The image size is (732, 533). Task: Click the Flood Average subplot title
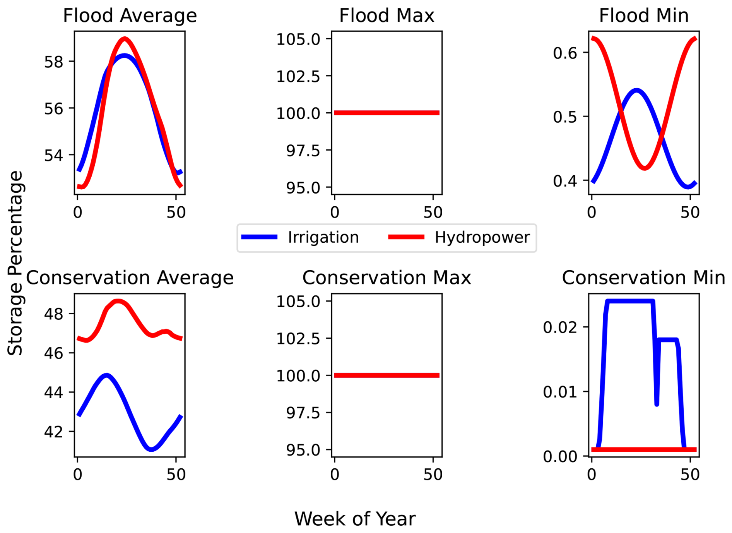pyautogui.click(x=130, y=16)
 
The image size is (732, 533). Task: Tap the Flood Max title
pyautogui.click(x=387, y=16)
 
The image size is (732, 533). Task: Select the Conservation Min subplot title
pyautogui.click(x=643, y=278)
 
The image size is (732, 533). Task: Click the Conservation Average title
pyautogui.click(x=130, y=278)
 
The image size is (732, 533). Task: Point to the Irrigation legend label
pyautogui.click(x=323, y=237)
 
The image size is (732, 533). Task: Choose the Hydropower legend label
pyautogui.click(x=482, y=237)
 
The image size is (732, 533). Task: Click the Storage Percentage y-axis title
pyautogui.click(x=15, y=263)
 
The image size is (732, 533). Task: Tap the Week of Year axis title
pyautogui.click(x=355, y=519)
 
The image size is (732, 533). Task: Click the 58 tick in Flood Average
pyautogui.click(x=53, y=62)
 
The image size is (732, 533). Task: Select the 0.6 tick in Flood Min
pyautogui.click(x=564, y=53)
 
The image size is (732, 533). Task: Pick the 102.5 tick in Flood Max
pyautogui.click(x=298, y=76)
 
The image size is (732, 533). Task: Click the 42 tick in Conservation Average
pyautogui.click(x=53, y=432)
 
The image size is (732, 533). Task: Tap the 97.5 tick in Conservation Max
pyautogui.click(x=303, y=413)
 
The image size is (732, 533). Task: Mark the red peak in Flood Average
pyautogui.click(x=124, y=39)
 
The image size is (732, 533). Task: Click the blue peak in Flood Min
pyautogui.click(x=636, y=91)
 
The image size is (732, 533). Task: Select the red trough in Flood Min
pyautogui.click(x=645, y=168)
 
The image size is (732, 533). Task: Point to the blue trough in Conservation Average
pyautogui.click(x=151, y=449)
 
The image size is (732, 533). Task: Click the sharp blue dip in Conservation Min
pyautogui.click(x=657, y=404)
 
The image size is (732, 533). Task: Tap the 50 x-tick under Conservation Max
pyautogui.click(x=433, y=475)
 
